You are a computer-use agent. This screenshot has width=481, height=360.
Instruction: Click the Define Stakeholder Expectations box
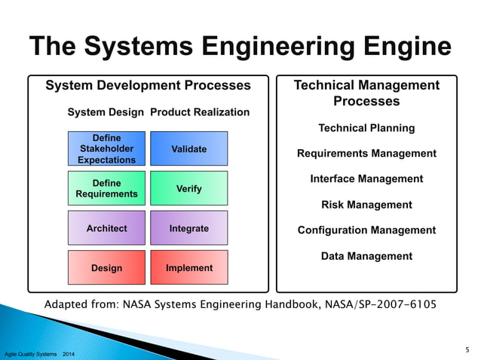click(106, 149)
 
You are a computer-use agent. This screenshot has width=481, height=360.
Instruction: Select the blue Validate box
click(188, 149)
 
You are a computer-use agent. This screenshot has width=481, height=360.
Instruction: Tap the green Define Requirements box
click(106, 188)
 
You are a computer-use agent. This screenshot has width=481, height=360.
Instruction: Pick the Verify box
click(188, 188)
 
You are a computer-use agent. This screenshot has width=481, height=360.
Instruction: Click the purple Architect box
click(106, 228)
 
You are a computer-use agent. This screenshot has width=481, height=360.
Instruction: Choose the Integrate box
click(188, 228)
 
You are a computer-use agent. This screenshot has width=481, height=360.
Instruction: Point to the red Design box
click(106, 268)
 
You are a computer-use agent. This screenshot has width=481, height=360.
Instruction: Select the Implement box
click(188, 268)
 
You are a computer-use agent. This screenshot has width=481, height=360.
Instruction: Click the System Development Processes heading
click(148, 86)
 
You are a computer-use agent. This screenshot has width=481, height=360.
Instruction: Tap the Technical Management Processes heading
click(366, 93)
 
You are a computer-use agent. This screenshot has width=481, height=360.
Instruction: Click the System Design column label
click(106, 112)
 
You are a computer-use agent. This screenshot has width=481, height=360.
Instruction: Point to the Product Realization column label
click(200, 112)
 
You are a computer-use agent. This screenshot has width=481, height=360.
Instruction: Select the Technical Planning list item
click(366, 128)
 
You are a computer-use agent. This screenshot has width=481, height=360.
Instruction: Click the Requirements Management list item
click(366, 154)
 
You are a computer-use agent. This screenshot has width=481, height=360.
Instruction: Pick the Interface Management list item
click(366, 179)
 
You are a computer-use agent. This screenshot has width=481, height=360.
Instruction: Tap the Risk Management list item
click(366, 205)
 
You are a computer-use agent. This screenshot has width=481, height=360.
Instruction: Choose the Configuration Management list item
click(366, 230)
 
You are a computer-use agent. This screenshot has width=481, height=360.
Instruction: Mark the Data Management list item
click(366, 256)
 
